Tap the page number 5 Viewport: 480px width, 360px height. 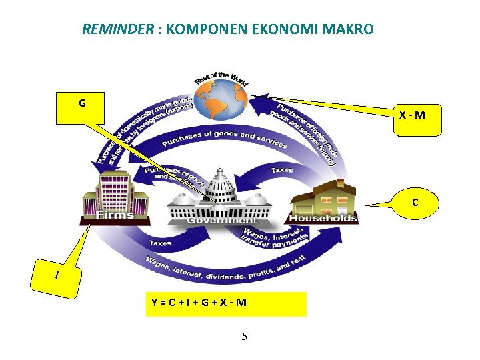tap(244, 336)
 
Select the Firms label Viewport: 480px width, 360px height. tap(115, 215)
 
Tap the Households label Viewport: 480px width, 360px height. tap(323, 218)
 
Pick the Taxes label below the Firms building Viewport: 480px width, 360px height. tap(161, 243)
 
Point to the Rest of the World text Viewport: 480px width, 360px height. tap(221, 79)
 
